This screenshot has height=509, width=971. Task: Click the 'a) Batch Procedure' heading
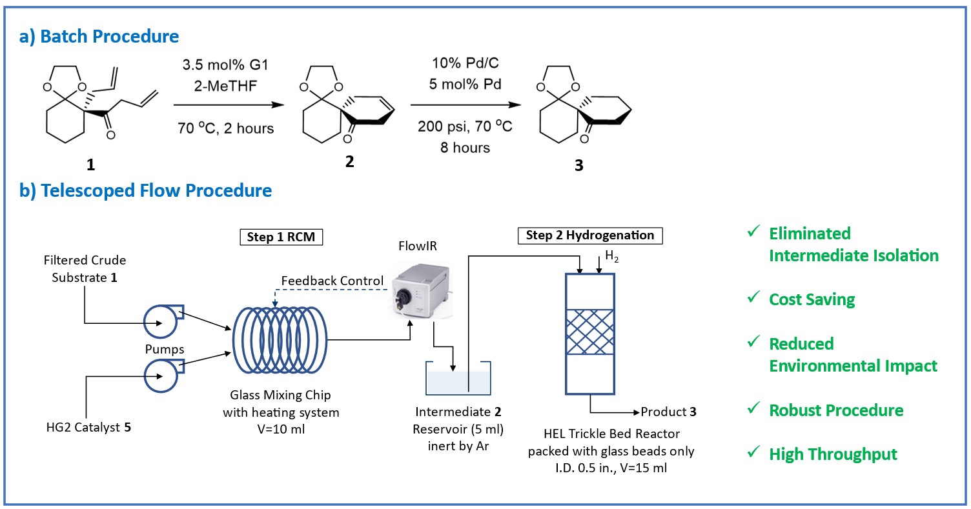pyautogui.click(x=99, y=36)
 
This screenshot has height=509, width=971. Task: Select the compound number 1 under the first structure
pyautogui.click(x=90, y=165)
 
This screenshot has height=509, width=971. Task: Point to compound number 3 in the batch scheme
pyautogui.click(x=578, y=166)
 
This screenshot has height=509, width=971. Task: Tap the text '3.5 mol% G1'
pyautogui.click(x=225, y=65)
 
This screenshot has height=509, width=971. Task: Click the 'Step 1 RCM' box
pyautogui.click(x=281, y=237)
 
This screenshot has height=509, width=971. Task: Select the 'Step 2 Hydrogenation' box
pyautogui.click(x=589, y=235)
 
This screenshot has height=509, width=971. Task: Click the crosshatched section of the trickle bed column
pyautogui.click(x=591, y=333)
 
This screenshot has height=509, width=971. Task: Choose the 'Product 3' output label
pyautogui.click(x=668, y=412)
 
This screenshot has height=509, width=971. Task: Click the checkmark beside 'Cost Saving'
pyautogui.click(x=752, y=299)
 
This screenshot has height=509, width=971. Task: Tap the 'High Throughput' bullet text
pyautogui.click(x=833, y=454)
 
